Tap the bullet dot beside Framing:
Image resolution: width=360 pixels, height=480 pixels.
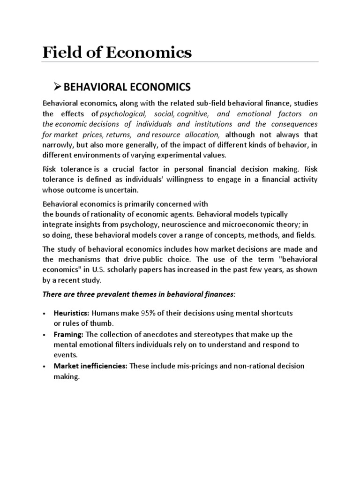tap(44, 335)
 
